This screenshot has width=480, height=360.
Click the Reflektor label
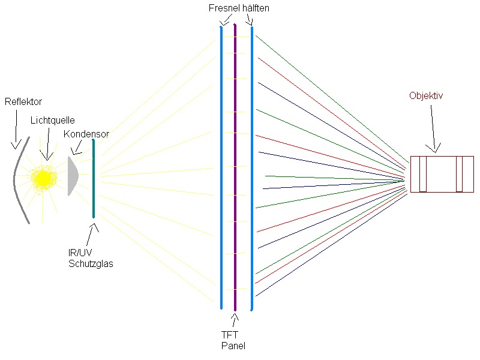coord(23,101)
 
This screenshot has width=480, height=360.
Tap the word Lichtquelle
coord(52,120)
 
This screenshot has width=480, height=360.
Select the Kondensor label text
coord(86,134)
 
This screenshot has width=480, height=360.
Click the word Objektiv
coord(425,95)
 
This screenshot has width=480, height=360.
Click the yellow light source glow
coord(43,178)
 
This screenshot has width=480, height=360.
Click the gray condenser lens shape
coord(72,176)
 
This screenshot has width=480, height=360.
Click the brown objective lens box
coord(442,174)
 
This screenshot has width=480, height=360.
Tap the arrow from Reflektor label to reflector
coord(15,129)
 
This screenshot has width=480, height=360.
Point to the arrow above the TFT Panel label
coord(233,320)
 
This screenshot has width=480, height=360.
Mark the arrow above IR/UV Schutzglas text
coord(92,234)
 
